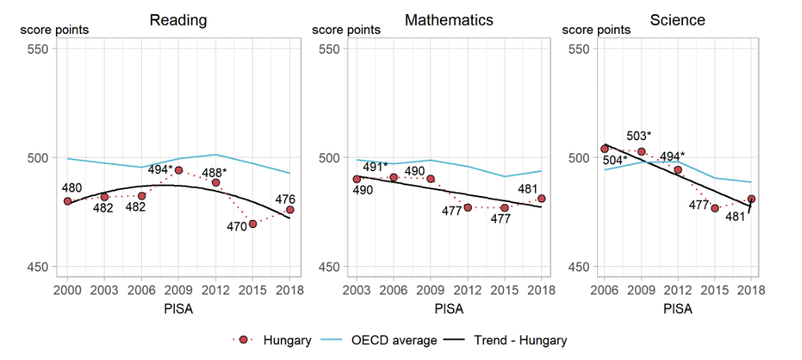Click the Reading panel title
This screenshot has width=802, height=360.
click(x=178, y=20)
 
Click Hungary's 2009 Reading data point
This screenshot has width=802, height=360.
click(x=178, y=170)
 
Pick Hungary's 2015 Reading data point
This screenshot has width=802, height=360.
click(x=253, y=223)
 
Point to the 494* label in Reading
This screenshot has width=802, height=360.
click(x=160, y=169)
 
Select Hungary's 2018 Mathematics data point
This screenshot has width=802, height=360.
click(x=541, y=199)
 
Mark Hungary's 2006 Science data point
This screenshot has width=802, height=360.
click(x=605, y=149)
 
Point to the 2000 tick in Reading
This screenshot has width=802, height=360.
click(x=67, y=288)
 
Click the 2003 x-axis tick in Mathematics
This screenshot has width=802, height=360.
click(x=358, y=288)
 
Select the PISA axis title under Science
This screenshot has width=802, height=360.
click(x=679, y=309)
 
